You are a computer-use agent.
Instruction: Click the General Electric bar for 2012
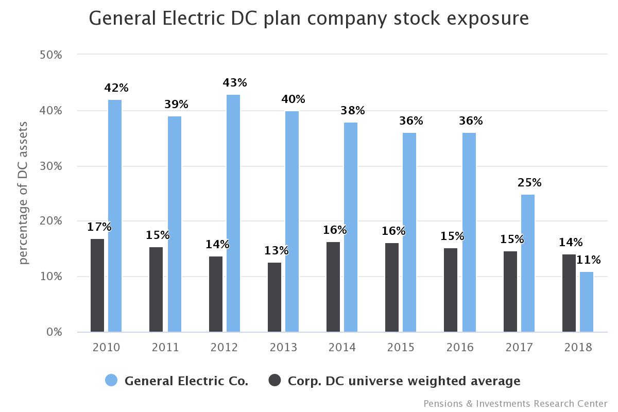click(233, 213)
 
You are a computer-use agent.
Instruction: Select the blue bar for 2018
click(587, 302)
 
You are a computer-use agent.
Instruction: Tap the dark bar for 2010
click(97, 285)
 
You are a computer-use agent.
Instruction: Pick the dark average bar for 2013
click(274, 297)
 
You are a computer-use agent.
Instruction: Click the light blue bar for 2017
click(528, 263)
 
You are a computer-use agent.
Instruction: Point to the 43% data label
click(235, 82)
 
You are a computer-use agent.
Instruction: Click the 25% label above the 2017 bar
click(529, 183)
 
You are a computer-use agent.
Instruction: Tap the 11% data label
click(588, 260)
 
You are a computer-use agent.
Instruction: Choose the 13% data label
click(277, 251)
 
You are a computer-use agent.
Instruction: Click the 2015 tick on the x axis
click(401, 348)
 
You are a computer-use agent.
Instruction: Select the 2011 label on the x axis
click(165, 348)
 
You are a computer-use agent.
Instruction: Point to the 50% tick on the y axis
click(51, 55)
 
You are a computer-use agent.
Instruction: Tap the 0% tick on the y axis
click(53, 332)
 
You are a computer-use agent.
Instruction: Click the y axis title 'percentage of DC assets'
click(24, 193)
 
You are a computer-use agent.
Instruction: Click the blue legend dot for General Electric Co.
click(111, 381)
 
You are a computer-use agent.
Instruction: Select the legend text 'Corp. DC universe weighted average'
click(404, 381)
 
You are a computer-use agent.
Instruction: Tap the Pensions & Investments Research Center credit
click(515, 403)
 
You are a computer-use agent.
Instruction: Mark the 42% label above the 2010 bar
click(116, 88)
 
